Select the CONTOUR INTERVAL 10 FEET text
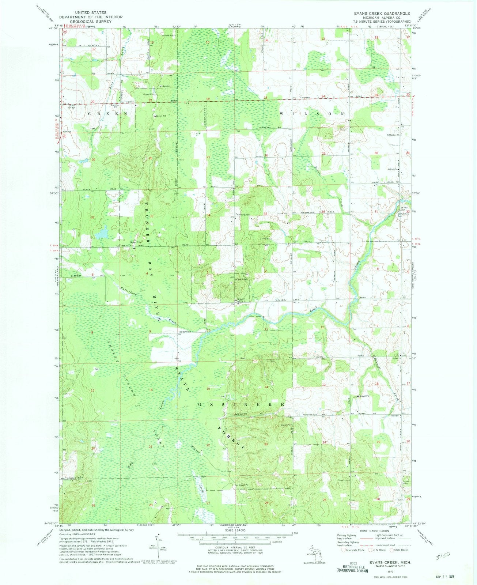[234, 555]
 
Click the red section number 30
[376, 153]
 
